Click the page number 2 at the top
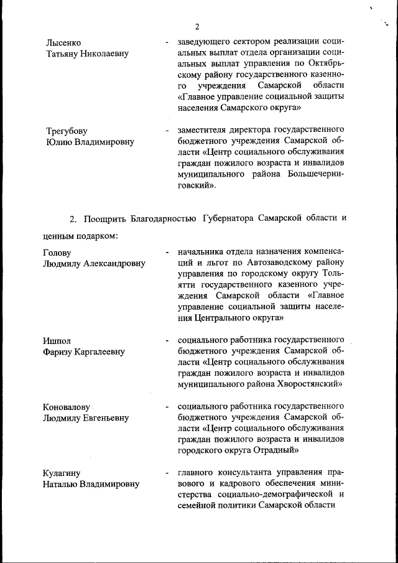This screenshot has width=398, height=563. click(x=197, y=26)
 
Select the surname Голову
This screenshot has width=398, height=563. click(x=57, y=253)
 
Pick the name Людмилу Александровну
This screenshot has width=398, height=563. click(x=94, y=264)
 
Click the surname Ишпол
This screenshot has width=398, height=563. click(x=57, y=341)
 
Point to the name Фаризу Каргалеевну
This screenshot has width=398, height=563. click(x=83, y=352)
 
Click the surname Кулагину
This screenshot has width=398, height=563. click(x=62, y=473)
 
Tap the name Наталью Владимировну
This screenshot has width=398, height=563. click(x=91, y=484)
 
